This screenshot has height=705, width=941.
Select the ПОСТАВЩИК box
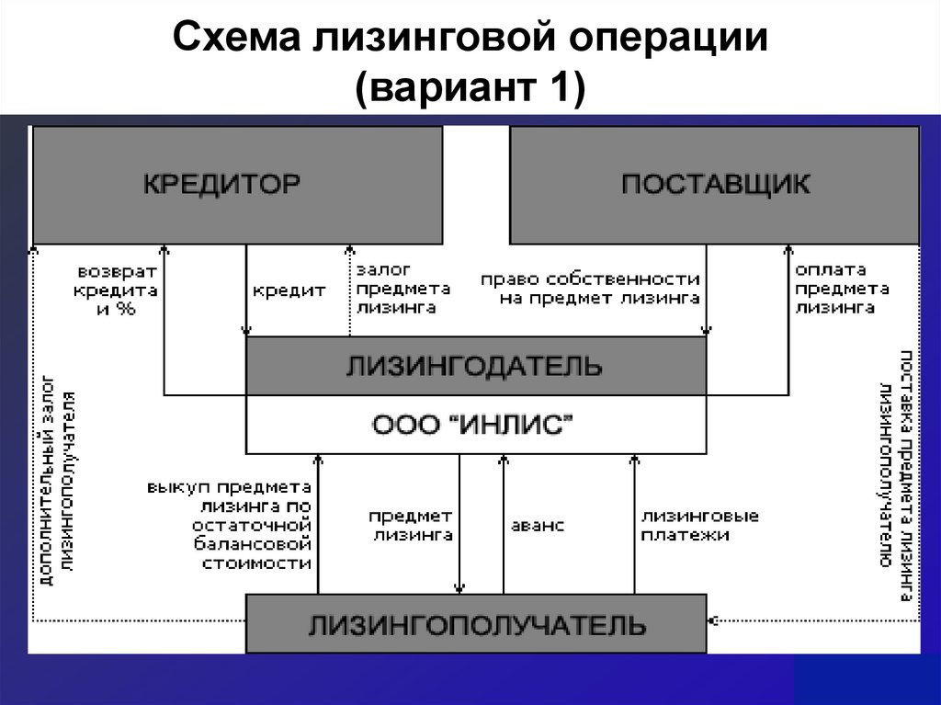(x=714, y=185)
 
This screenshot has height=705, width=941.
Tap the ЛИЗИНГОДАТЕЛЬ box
(x=475, y=367)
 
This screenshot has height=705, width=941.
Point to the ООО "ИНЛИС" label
(x=475, y=425)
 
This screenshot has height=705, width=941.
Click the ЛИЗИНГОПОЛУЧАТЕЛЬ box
(x=475, y=625)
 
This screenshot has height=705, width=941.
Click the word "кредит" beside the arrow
(x=289, y=290)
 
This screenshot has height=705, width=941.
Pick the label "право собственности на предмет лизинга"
(x=591, y=288)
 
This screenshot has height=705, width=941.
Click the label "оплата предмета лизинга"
(x=840, y=289)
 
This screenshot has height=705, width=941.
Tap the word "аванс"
(x=538, y=526)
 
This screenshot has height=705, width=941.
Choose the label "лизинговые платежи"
(x=699, y=526)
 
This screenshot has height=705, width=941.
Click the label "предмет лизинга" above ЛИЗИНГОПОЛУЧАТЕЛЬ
(x=411, y=526)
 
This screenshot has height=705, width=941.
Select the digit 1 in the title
(x=560, y=91)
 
